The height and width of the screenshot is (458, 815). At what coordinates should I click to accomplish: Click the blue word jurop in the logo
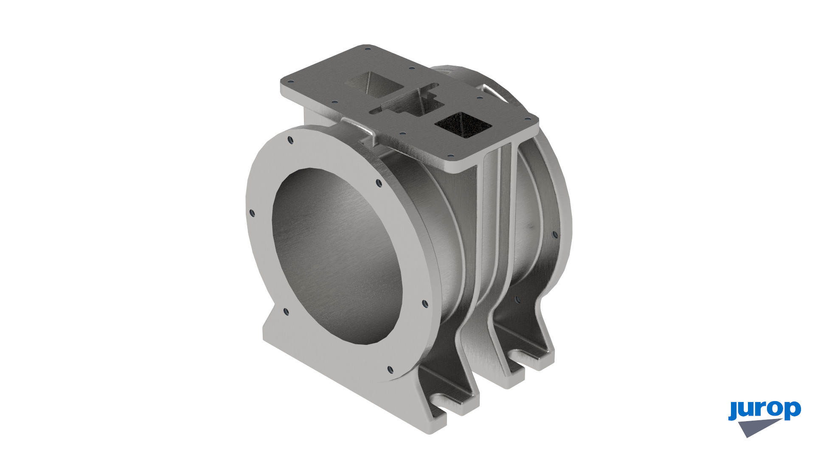(x=764, y=410)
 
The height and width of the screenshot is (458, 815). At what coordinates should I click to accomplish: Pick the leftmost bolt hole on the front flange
(x=252, y=213)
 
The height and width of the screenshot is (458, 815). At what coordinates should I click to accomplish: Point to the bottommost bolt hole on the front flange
(x=391, y=369)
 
